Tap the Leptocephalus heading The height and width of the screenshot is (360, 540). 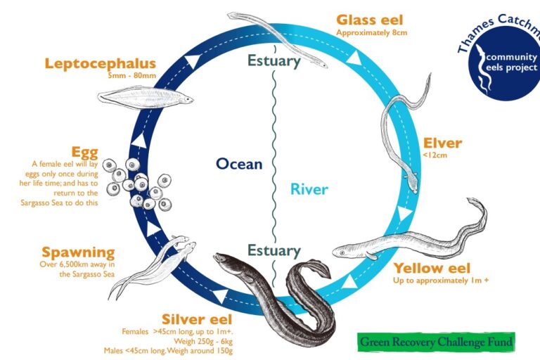point(100,64)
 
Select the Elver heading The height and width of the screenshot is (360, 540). point(442,143)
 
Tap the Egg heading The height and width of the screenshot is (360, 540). point(85,152)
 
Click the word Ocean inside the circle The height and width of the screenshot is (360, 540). point(239,164)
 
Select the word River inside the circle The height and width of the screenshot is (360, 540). point(309,189)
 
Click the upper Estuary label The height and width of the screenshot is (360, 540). point(274,60)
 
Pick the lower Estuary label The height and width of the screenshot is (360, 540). point(274,250)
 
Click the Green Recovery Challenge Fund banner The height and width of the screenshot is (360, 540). point(436,342)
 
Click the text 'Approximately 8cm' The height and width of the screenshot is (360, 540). point(372,33)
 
